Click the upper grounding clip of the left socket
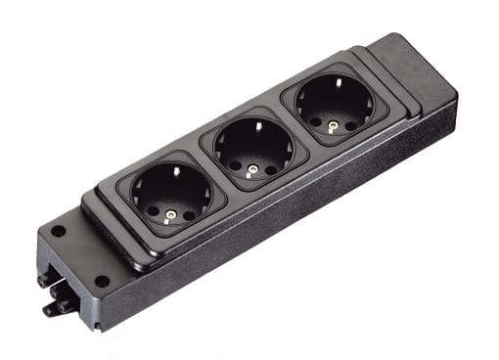[x=177, y=171]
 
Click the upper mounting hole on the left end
[x=59, y=233]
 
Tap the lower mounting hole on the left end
[x=102, y=282]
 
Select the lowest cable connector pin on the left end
[x=49, y=312]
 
